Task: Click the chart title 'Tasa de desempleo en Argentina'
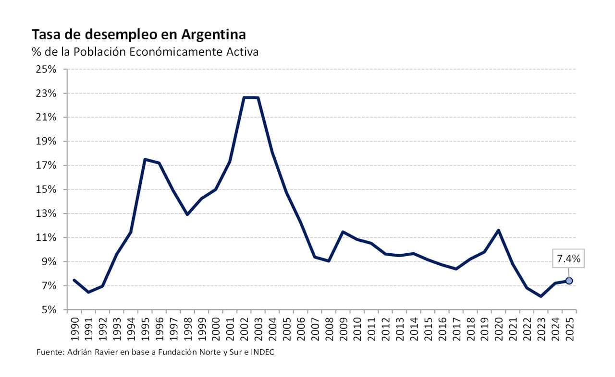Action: [139, 35]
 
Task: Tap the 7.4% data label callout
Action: [569, 259]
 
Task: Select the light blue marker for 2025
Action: [569, 281]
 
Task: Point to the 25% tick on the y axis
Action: [46, 69]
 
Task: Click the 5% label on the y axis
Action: [49, 310]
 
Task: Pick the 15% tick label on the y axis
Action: [46, 189]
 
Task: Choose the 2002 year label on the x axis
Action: [245, 328]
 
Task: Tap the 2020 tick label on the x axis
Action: [499, 328]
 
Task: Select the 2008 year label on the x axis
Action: [329, 328]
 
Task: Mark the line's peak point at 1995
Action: [145, 159]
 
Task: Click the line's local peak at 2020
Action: [499, 230]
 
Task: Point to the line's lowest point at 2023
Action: [541, 296]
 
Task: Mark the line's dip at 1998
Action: [187, 214]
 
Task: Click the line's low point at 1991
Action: [88, 292]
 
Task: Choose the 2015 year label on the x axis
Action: [428, 328]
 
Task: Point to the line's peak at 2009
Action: [343, 232]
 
